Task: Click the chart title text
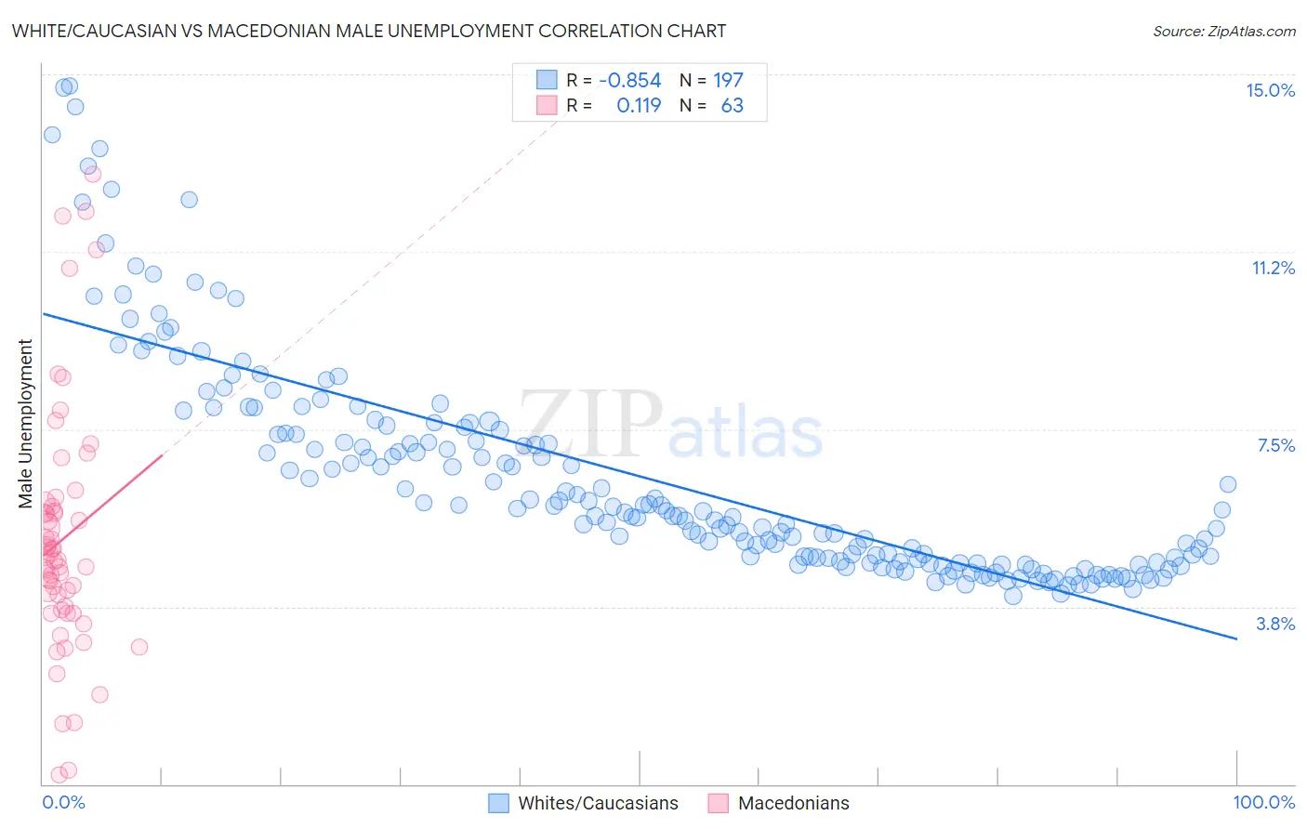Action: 369,31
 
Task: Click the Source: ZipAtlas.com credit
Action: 1223,31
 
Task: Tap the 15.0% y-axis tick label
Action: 1270,90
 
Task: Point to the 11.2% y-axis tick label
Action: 1273,268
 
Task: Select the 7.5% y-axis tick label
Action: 1275,445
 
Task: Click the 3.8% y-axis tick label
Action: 1275,624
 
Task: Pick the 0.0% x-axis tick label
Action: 63,802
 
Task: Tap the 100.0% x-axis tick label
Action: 1263,802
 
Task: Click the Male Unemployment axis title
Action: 25,424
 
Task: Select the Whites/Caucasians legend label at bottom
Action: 598,803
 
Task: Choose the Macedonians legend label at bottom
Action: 793,803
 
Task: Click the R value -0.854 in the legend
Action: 629,80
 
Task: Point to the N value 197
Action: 728,80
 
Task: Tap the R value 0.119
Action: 639,105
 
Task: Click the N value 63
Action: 733,105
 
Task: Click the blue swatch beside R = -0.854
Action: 547,80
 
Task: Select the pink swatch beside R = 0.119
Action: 547,105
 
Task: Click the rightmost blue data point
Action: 1227,484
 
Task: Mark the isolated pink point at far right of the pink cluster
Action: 139,647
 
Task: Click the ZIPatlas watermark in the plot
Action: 670,427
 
